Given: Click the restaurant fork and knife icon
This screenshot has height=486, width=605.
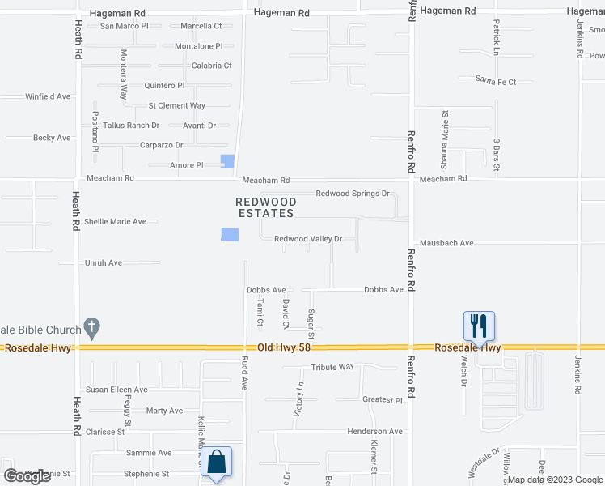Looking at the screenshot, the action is tap(478, 326).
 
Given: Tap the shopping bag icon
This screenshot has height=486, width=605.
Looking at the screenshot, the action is tap(217, 462).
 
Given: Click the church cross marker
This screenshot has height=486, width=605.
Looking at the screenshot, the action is tap(92, 329).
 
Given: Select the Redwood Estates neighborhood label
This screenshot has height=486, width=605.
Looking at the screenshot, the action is tap(265, 207).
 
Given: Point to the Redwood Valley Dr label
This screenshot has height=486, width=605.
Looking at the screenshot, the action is tap(308, 239).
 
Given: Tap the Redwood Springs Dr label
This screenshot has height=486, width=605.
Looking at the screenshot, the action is tap(353, 194).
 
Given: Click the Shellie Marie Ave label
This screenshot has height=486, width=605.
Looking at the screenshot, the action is tap(116, 221).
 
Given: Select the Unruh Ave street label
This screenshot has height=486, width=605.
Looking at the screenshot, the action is tap(104, 263).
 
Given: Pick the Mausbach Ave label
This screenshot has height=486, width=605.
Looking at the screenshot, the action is tap(446, 243).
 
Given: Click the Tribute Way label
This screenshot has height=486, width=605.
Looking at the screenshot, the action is tap(335, 367).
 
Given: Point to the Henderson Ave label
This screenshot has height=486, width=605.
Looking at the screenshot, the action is tap(375, 432).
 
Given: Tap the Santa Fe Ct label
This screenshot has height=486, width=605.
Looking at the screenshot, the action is tap(496, 81).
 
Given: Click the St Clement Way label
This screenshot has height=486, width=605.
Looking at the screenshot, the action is tap(176, 105).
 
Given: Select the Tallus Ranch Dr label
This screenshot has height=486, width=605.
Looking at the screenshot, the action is tap(131, 126).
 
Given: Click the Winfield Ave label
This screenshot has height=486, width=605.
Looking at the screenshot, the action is tap(48, 96).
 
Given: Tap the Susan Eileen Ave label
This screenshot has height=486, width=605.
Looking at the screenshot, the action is tap(117, 390).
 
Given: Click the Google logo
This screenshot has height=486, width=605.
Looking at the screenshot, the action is tap(27, 476).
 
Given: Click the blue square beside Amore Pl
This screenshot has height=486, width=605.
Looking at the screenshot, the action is tap(228, 162).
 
